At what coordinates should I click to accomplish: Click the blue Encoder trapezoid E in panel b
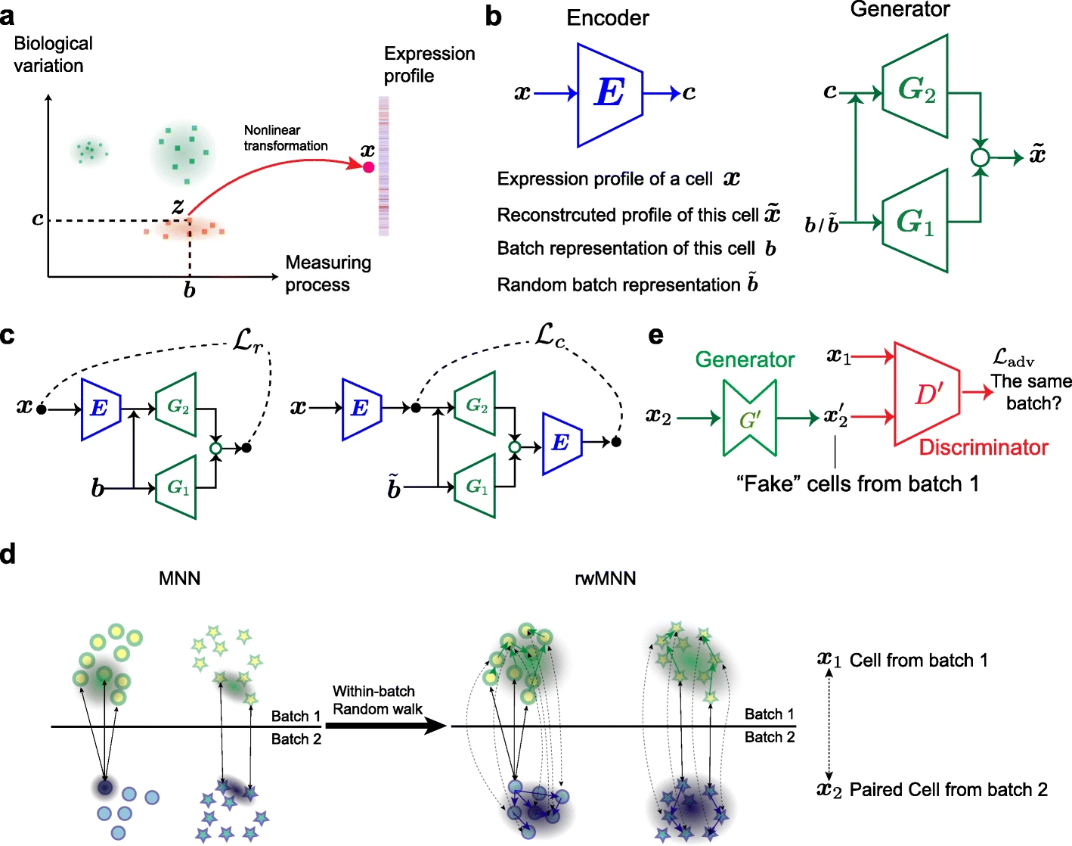[609, 95]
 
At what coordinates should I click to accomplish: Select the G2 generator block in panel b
[916, 88]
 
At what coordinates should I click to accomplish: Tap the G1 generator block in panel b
[916, 221]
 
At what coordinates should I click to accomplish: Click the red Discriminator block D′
[927, 393]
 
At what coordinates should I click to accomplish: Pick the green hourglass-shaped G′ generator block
[749, 418]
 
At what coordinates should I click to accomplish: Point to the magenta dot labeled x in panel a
[368, 167]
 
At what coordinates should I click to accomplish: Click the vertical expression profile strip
[383, 166]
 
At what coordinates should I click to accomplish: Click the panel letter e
[655, 335]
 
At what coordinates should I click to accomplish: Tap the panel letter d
[8, 554]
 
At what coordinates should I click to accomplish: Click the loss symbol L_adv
[1012, 358]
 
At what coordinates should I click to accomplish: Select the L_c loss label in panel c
[550, 335]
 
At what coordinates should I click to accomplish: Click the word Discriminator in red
[983, 447]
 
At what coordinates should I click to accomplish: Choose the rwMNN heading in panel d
[605, 579]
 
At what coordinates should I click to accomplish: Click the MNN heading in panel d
[180, 579]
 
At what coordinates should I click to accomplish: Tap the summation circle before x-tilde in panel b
[980, 157]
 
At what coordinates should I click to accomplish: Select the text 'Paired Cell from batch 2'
[948, 790]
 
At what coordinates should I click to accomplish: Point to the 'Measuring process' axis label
[328, 273]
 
